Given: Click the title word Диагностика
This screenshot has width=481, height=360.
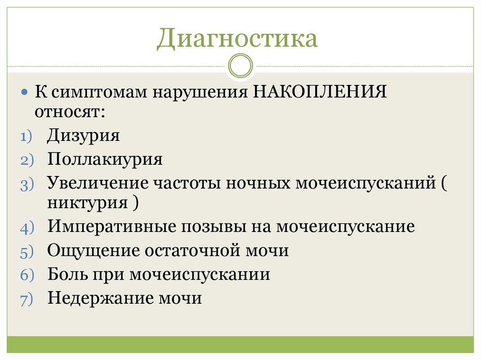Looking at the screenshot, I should click(x=237, y=39).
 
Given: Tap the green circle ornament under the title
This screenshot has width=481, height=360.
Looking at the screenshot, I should click(x=240, y=66).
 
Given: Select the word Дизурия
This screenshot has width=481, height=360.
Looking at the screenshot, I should click(x=83, y=136).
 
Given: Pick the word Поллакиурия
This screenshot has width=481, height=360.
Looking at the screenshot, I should click(x=105, y=160).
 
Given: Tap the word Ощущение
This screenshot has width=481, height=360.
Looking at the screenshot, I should click(x=93, y=251).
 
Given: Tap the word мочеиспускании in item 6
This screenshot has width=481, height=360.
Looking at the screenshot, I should click(x=200, y=274).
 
